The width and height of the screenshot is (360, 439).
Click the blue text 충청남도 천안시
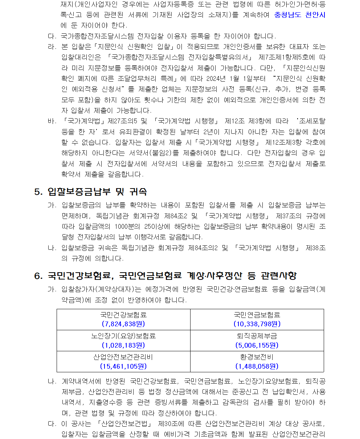300,15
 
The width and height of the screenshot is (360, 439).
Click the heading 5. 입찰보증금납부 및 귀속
90,191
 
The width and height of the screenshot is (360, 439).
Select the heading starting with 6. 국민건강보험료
165,276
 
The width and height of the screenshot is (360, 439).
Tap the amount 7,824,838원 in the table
123,324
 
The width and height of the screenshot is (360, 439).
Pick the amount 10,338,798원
257,324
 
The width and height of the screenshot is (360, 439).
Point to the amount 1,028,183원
123,345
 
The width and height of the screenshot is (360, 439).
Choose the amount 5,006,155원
257,345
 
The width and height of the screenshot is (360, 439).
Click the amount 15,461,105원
123,366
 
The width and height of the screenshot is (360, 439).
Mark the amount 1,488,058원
257,366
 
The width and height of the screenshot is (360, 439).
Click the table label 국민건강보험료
123,315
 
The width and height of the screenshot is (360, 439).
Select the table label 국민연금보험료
257,315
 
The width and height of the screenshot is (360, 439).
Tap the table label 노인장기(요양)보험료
123,336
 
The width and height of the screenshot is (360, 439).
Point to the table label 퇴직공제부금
257,336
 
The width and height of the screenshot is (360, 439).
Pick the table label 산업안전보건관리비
123,357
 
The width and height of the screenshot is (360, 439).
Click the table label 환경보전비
257,357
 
